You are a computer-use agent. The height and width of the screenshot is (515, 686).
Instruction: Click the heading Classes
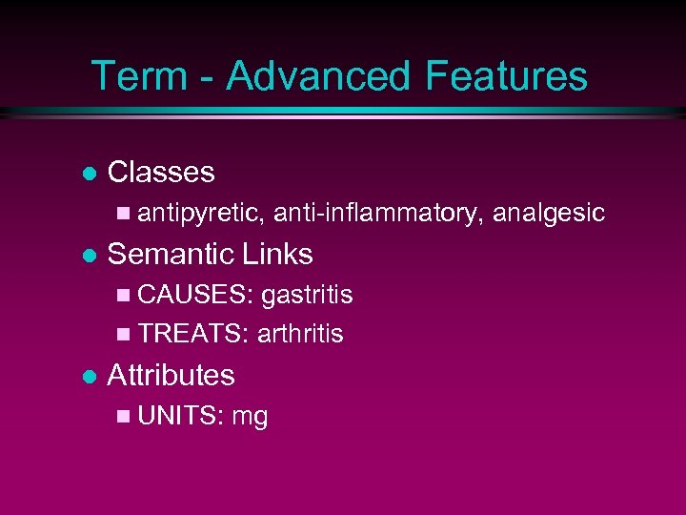[x=161, y=173]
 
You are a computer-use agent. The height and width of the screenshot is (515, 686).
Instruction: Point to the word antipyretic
[x=200, y=214]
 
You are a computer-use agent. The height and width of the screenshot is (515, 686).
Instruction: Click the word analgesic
[x=549, y=214]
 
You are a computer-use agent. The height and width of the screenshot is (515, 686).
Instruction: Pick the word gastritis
[x=306, y=296]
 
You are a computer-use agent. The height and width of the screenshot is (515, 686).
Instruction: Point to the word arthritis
[x=301, y=335]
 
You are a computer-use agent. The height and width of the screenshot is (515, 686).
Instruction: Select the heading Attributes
[x=171, y=376]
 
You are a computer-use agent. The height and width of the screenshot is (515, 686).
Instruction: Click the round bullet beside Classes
[x=88, y=174]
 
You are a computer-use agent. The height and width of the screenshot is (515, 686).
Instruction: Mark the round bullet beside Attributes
[x=88, y=377]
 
